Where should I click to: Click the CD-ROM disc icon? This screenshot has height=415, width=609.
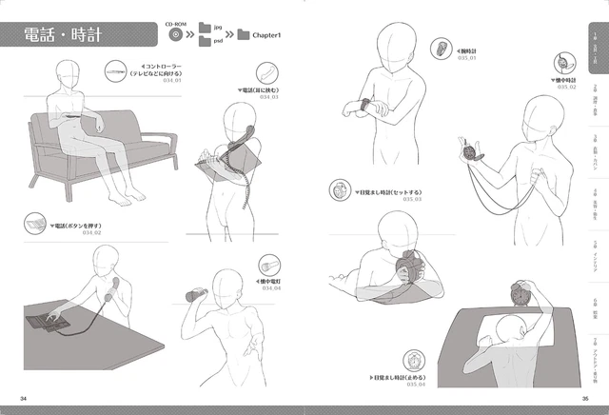point(176,35)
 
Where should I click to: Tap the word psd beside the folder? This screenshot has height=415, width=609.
point(217,43)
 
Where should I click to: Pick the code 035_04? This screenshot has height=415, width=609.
point(413,385)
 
